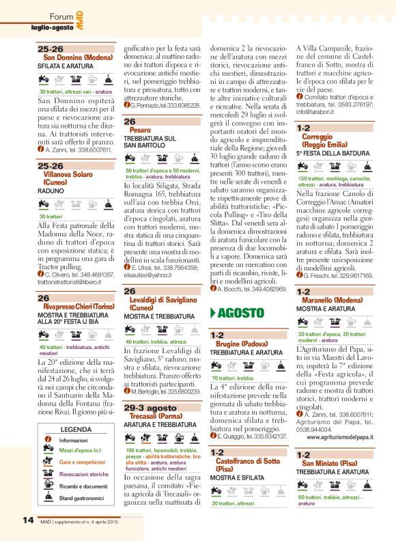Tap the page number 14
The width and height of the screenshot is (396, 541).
(x=27, y=520)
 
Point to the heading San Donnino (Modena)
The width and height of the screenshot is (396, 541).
(x=76, y=57)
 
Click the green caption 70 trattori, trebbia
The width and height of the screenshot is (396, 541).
(x=232, y=378)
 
